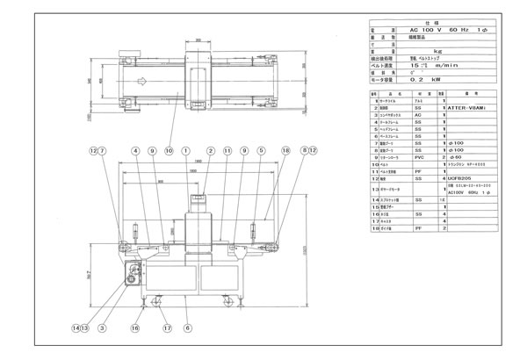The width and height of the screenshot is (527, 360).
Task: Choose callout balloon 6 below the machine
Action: point(186,328)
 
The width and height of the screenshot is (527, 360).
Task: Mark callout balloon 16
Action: point(136,328)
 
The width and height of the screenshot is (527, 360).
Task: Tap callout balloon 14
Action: point(76,328)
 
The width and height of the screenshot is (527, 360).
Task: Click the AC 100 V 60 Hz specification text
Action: point(448,31)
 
